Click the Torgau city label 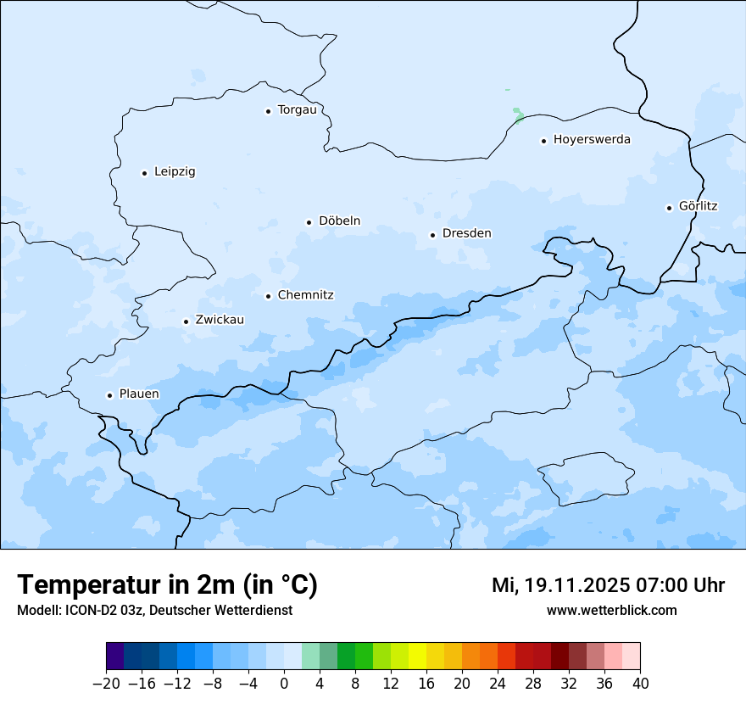pyautogui.click(x=297, y=110)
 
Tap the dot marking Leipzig pyautogui.click(x=144, y=173)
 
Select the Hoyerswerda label pyautogui.click(x=592, y=140)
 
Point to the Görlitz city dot pyautogui.click(x=669, y=208)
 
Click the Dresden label pyautogui.click(x=466, y=233)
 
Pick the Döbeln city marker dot pyautogui.click(x=309, y=222)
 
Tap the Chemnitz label pyautogui.click(x=305, y=295)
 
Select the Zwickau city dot pyautogui.click(x=186, y=321)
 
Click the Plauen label pyautogui.click(x=139, y=394)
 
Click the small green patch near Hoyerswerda pyautogui.click(x=518, y=113)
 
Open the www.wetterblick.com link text pyautogui.click(x=611, y=611)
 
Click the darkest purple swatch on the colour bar pyautogui.click(x=114, y=657)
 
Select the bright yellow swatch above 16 pyautogui.click(x=417, y=657)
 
